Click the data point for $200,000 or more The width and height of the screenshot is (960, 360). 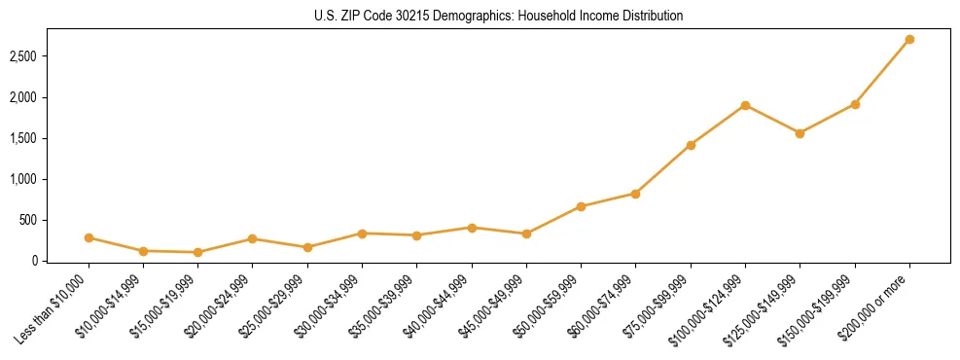tap(909, 40)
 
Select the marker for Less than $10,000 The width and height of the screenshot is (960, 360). tap(89, 237)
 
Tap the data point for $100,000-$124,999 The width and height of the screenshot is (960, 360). tap(745, 105)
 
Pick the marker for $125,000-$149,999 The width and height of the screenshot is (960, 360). tap(800, 133)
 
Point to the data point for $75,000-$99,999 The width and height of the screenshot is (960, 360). tap(691, 145)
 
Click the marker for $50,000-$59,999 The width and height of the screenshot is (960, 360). tap(581, 206)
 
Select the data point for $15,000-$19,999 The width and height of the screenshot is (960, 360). tap(197, 252)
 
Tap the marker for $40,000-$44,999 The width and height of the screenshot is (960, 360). tap(472, 228)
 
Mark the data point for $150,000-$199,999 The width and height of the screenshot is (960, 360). tap(855, 104)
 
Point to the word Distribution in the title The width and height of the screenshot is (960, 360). tap(655, 17)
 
